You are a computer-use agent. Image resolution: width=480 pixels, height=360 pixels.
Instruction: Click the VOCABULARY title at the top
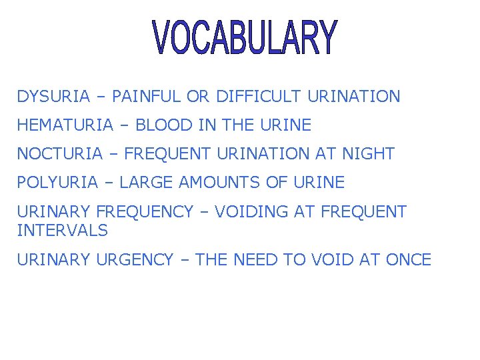pos(245,37)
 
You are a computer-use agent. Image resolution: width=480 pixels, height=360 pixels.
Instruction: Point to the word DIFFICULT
pos(259,97)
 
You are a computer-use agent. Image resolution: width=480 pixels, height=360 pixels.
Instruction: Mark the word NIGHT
pos(368,154)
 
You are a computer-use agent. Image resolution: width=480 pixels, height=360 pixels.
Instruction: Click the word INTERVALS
pos(62,231)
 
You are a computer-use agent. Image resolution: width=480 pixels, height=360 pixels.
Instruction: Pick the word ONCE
pos(408,260)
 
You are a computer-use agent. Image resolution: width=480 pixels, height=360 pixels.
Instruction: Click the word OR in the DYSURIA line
pos(198,97)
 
